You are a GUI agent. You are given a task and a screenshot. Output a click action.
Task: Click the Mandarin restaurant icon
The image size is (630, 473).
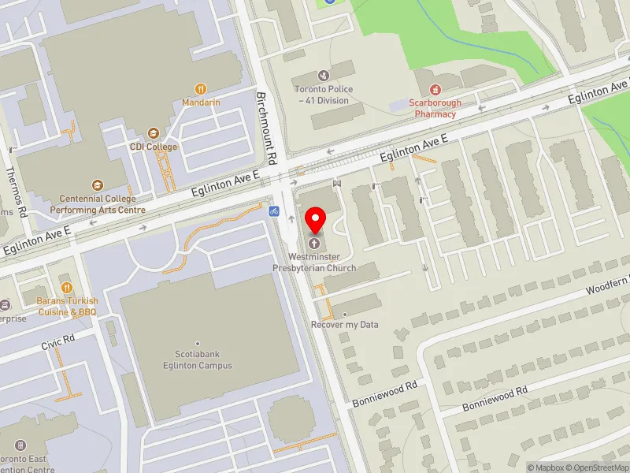pos(201,89)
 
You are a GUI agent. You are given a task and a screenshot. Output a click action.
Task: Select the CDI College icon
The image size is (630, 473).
pos(154,133)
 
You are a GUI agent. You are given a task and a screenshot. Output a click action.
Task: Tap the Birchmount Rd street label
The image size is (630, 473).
pos(268,126)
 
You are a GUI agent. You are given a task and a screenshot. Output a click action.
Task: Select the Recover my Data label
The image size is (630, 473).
pos(344,324)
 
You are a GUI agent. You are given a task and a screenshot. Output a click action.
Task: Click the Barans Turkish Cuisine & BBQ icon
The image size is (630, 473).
pos(67,288)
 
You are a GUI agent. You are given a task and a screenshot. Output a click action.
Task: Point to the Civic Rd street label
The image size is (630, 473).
pos(58,341)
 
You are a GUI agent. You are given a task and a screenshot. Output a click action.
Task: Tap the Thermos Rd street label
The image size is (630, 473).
pos(16,192)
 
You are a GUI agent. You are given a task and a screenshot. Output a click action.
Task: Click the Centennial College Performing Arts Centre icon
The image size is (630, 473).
pos(97,185)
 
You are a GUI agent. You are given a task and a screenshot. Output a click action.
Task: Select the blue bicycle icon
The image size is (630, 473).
pos(273,211)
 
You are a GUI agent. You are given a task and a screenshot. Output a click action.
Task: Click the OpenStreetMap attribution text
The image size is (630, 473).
pos(600,467)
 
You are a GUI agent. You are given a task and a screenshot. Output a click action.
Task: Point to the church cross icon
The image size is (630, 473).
pos(317,244)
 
